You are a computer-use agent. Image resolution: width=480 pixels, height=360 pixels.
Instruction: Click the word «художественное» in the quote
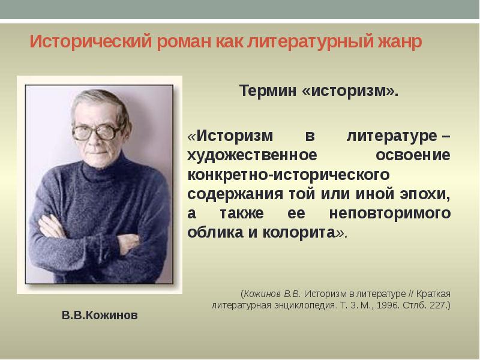point(252,155)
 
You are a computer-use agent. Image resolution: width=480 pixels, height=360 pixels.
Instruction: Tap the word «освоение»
point(413,155)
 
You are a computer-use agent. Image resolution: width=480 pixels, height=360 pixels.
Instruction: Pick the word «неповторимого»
point(390,213)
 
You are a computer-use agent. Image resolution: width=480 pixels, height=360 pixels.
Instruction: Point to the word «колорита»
point(299,232)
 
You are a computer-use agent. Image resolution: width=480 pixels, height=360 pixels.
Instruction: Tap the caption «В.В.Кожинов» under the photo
point(100,314)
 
